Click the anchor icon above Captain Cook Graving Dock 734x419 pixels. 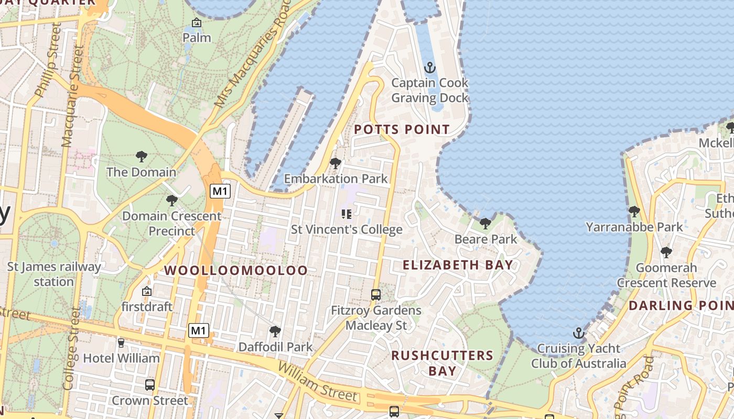pyautogui.click(x=430, y=68)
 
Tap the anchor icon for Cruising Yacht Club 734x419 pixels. pyautogui.click(x=578, y=333)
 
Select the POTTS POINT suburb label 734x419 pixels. pyautogui.click(x=402, y=129)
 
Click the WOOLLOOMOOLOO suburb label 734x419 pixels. pyautogui.click(x=236, y=270)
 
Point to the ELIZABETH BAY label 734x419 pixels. pyautogui.click(x=458, y=265)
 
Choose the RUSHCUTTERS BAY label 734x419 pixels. pyautogui.click(x=442, y=363)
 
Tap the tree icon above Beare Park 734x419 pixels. pyautogui.click(x=485, y=224)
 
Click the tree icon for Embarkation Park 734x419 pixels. pyautogui.click(x=336, y=163)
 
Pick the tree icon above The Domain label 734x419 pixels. pyautogui.click(x=141, y=156)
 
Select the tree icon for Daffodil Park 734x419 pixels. pyautogui.click(x=275, y=331)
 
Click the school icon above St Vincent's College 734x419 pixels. pyautogui.click(x=346, y=214)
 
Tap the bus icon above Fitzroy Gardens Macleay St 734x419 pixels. pyautogui.click(x=376, y=294)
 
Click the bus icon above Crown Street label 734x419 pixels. pyautogui.click(x=150, y=385)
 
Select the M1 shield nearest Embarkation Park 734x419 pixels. pyautogui.click(x=220, y=191)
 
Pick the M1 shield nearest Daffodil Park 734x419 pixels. pyautogui.click(x=199, y=330)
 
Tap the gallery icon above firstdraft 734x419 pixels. pyautogui.click(x=147, y=291)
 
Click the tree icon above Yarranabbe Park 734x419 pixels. pyautogui.click(x=634, y=212)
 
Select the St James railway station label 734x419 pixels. pyautogui.click(x=54, y=274)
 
